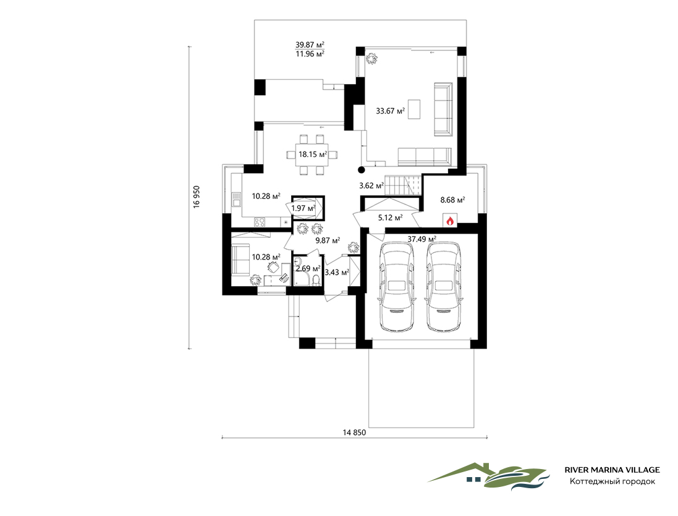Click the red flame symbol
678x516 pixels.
pyautogui.click(x=450, y=221)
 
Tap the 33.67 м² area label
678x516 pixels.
pyautogui.click(x=390, y=111)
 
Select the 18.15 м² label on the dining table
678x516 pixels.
pyautogui.click(x=313, y=154)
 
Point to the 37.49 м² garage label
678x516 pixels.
pyautogui.click(x=422, y=239)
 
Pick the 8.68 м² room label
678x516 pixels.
pyautogui.click(x=452, y=200)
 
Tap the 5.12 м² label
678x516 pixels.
pyautogui.click(x=390, y=218)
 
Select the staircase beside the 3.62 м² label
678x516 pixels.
pyautogui.click(x=403, y=185)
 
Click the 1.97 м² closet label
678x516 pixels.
pyautogui.click(x=303, y=208)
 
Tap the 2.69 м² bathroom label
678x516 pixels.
pyautogui.click(x=308, y=269)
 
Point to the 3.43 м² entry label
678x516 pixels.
pyautogui.click(x=336, y=273)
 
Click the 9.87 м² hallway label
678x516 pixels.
pyautogui.click(x=328, y=241)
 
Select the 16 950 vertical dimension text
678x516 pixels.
pyautogui.click(x=197, y=197)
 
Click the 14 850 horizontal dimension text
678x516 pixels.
pyautogui.click(x=354, y=432)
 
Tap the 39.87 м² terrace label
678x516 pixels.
pyautogui.click(x=310, y=45)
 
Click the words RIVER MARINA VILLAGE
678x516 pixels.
pyautogui.click(x=612, y=470)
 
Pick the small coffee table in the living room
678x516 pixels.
pyautogui.click(x=414, y=109)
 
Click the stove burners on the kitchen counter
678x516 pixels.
pyautogui.click(x=260, y=222)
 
